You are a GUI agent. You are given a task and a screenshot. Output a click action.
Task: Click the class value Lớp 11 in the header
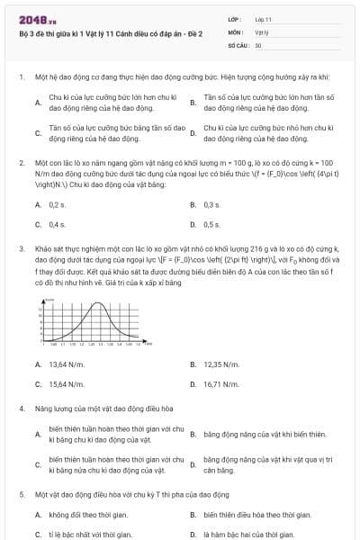coord(263,19)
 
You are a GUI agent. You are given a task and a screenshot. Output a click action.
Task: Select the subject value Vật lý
coord(262,31)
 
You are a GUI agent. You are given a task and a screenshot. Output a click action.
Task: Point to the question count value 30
coord(258,44)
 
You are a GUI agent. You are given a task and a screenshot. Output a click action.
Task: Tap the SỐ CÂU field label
coord(238,44)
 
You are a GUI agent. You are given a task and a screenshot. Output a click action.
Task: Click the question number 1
coord(21,78)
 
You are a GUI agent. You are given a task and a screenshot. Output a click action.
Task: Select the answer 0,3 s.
coord(212,205)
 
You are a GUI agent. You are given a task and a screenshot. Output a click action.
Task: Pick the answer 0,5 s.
coord(212,224)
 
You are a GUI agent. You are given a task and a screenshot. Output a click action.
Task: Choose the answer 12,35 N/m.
coord(220,364)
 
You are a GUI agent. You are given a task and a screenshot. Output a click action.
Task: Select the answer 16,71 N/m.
coord(220,383)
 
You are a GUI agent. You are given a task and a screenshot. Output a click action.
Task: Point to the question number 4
coord(21,408)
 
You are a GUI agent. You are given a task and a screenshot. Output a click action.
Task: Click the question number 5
coord(21,494)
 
